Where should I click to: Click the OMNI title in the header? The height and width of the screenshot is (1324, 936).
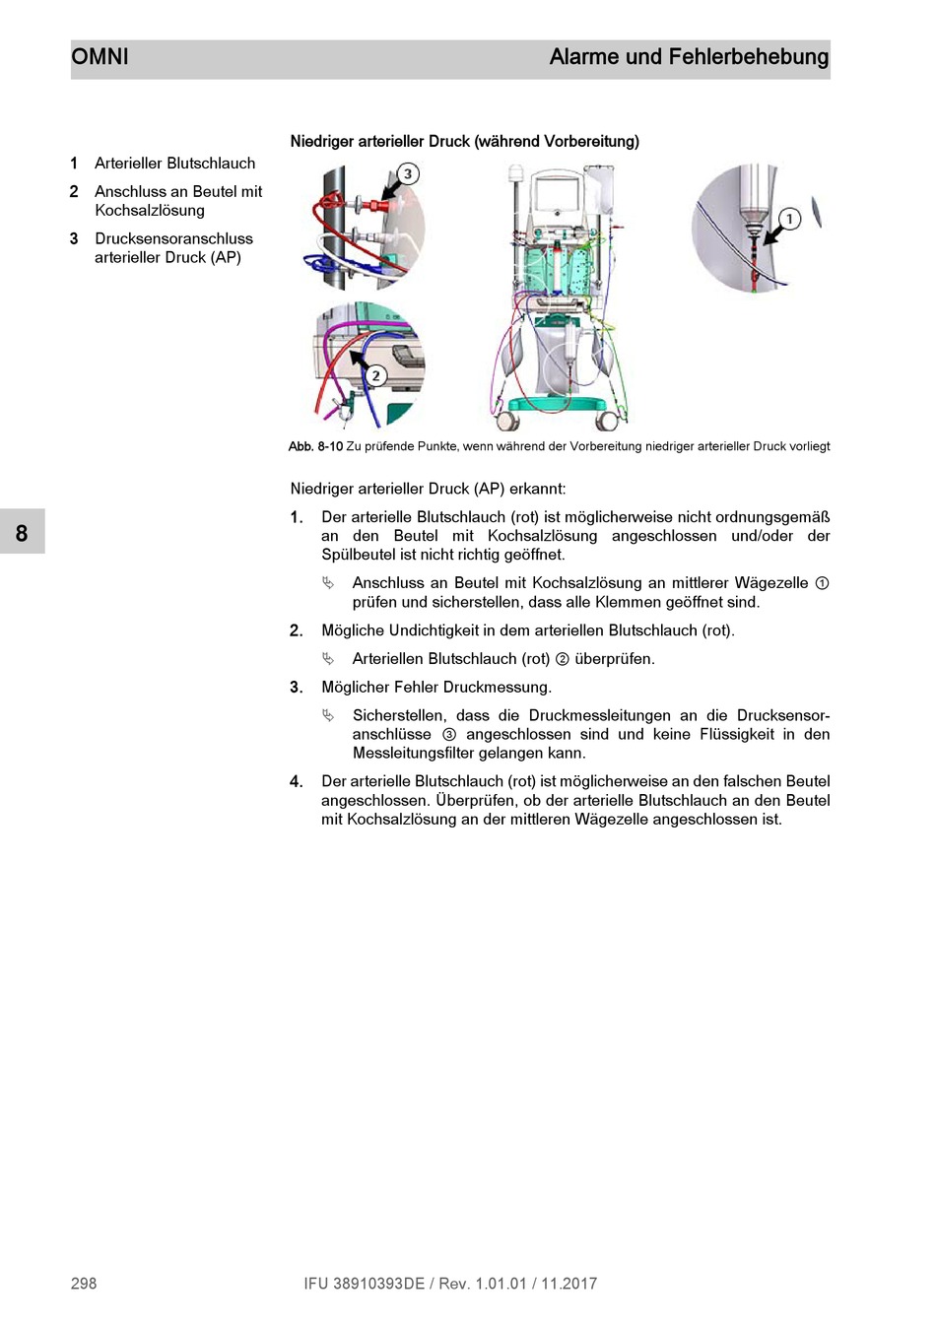[x=100, y=57]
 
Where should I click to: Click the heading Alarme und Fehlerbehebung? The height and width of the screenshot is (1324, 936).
[x=689, y=57]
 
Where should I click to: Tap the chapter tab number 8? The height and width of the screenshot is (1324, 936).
[x=22, y=533]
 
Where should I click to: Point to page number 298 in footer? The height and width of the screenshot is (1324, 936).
[x=84, y=1283]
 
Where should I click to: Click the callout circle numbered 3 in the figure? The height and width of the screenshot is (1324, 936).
[x=408, y=174]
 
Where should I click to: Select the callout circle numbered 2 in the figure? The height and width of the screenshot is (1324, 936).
[x=375, y=374]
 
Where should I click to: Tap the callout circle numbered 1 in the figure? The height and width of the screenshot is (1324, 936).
[x=789, y=219]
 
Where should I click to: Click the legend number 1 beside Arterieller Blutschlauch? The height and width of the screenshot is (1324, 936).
[x=74, y=164]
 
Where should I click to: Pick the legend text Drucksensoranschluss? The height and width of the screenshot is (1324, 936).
[x=173, y=238]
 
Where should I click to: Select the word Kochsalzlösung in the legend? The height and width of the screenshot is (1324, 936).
[x=150, y=210]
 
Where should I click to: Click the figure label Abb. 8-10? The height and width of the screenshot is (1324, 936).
[x=315, y=446]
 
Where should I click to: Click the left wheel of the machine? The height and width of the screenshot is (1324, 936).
[x=508, y=421]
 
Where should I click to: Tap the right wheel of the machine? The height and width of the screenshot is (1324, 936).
[x=608, y=421]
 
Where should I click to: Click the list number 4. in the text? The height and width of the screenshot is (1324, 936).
[x=296, y=781]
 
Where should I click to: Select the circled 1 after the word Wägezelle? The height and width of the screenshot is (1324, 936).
[x=822, y=583]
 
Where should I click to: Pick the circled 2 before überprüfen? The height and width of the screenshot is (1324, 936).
[x=563, y=659]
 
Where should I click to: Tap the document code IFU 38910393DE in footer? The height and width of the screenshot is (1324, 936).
[x=364, y=1283]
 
